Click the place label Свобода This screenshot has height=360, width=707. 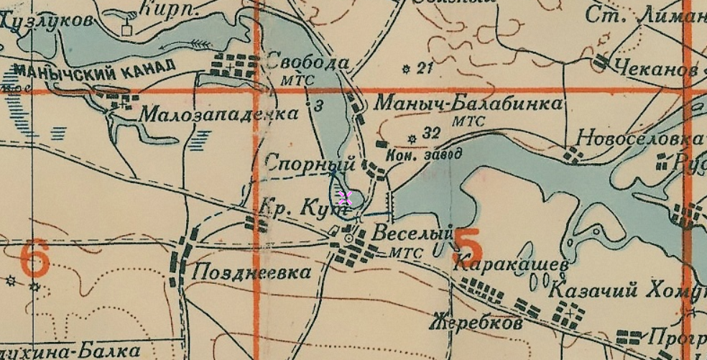pos(307,62)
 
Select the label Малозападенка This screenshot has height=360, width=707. pos(218,114)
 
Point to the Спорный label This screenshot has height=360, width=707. pos(301,162)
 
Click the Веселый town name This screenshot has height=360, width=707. pos(412,233)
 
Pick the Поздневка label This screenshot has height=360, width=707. pos(251,272)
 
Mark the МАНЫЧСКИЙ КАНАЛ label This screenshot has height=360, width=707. pos(94,69)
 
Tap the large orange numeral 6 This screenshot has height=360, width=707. pos(34,259)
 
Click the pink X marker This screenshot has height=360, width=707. pos(345,198)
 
